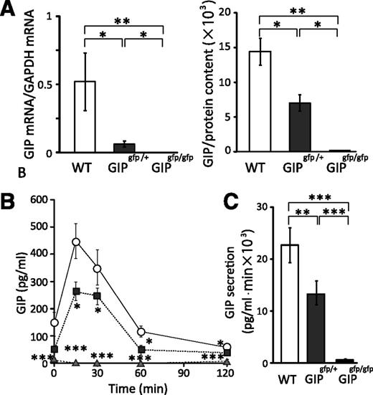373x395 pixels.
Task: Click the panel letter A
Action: [x=11, y=8]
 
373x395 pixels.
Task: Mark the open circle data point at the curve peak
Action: [x=75, y=242]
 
